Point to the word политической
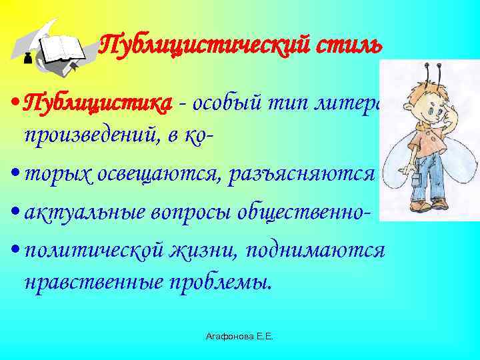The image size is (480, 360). [x=90, y=251]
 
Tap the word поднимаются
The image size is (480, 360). [x=313, y=251]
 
